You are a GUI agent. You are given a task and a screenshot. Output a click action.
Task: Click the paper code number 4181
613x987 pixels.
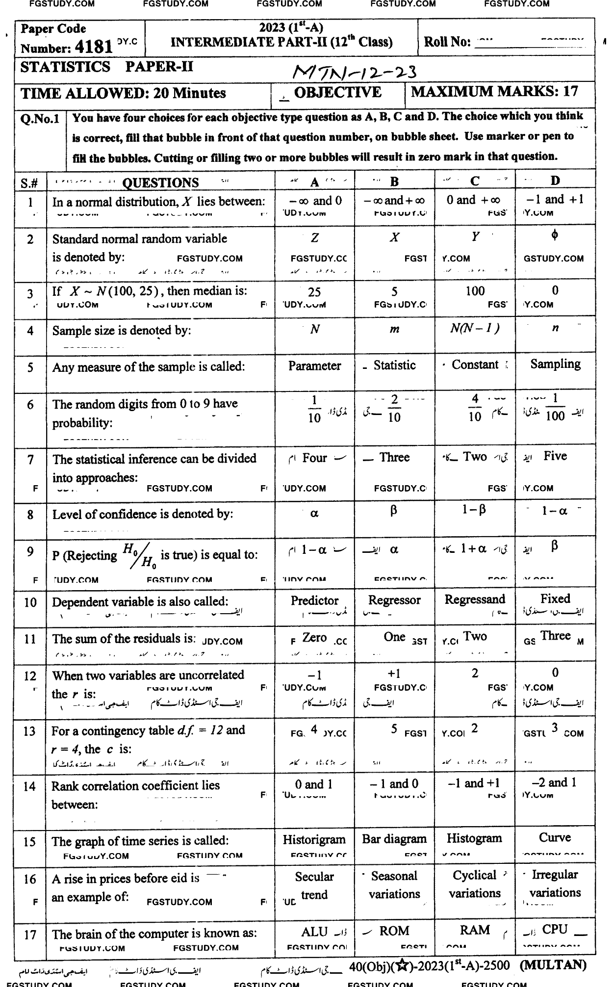tap(95, 47)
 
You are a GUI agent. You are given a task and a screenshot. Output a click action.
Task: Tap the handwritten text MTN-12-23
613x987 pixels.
tap(354, 73)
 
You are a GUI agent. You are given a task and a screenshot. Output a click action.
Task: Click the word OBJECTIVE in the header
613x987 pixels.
tap(337, 93)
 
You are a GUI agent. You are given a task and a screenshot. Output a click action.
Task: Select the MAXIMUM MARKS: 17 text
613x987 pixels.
tap(494, 92)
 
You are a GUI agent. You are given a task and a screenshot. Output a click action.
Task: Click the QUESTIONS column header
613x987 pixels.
tap(160, 183)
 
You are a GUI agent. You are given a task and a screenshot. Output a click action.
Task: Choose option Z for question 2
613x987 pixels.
tap(315, 238)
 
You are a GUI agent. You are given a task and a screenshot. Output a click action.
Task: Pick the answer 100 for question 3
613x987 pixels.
tap(475, 291)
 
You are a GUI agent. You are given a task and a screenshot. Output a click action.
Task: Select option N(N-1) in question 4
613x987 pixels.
tap(475, 328)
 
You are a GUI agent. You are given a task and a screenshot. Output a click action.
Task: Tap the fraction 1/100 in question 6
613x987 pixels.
tap(555, 407)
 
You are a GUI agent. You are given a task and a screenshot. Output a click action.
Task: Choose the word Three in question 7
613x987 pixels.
tap(394, 458)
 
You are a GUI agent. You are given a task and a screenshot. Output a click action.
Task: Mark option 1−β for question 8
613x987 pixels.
tap(474, 510)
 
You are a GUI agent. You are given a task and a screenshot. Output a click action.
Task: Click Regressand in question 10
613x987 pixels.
tap(475, 599)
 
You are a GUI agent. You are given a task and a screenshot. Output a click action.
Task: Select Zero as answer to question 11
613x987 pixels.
tap(314, 638)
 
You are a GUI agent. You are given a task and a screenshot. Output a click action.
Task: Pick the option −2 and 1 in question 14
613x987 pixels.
tap(555, 783)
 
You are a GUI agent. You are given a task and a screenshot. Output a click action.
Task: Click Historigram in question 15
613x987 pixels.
tap(314, 839)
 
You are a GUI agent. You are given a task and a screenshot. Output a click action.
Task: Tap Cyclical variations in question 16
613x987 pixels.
tap(474, 884)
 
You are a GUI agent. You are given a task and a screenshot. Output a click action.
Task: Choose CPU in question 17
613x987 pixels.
tap(555, 930)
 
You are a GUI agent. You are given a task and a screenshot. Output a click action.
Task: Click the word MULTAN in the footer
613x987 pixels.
tap(553, 965)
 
